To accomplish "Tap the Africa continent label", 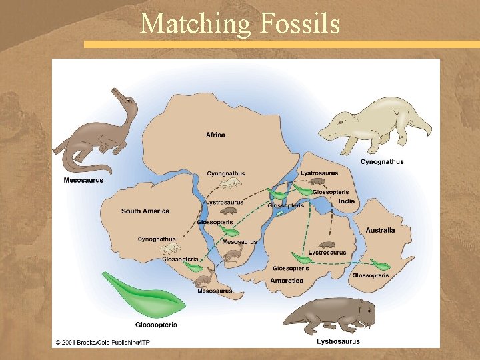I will coord(215,135).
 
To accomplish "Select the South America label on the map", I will coord(145,211).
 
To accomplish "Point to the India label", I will coord(346,201).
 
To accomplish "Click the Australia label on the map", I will coord(380,230).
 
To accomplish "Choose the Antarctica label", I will coord(287,281).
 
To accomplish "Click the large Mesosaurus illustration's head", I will coord(126,99).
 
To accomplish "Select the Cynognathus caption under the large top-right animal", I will coord(382,161).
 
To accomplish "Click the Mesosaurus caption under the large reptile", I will coord(83,180).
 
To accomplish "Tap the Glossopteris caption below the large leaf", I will coord(156,325).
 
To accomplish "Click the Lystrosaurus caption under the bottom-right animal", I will coord(338,341).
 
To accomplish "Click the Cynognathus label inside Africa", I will coord(226,173).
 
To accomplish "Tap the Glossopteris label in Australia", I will coord(370,275).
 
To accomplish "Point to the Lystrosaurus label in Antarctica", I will coord(327,253).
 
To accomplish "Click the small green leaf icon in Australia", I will coord(380,264).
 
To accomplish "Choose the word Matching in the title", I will coord(195,24).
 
